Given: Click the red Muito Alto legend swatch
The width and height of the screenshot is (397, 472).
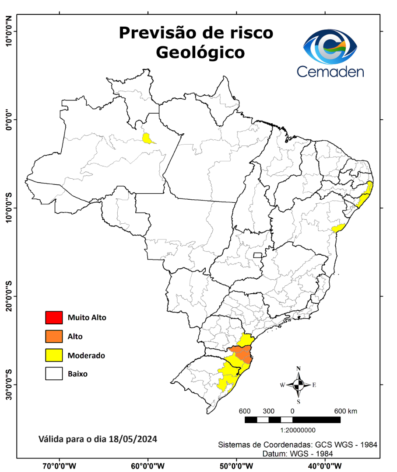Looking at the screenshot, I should coord(54,318).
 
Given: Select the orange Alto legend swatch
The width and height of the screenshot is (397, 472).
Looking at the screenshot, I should coord(54,337).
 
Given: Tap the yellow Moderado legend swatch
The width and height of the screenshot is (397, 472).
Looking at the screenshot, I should coord(54,355).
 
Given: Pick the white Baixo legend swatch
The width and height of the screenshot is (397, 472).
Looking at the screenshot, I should coord(54,374).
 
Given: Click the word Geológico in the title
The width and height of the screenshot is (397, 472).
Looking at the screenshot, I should coord(200,52).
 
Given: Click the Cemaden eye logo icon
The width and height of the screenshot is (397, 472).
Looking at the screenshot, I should coord(330,46).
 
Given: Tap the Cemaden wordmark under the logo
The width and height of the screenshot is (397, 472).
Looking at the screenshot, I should coord(330,71).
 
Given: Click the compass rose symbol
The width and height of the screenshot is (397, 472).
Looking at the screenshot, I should coord(299,385).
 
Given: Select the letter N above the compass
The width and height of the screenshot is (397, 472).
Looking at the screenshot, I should coord(299,368).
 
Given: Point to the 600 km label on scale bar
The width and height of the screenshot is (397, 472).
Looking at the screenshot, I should coord(346,411).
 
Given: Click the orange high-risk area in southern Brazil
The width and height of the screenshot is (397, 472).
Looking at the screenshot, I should coord(241,352).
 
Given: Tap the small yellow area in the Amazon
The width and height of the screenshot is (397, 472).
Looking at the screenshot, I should coord(148,139).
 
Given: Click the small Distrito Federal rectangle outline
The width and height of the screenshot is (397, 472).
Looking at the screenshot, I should coord(257,255).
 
